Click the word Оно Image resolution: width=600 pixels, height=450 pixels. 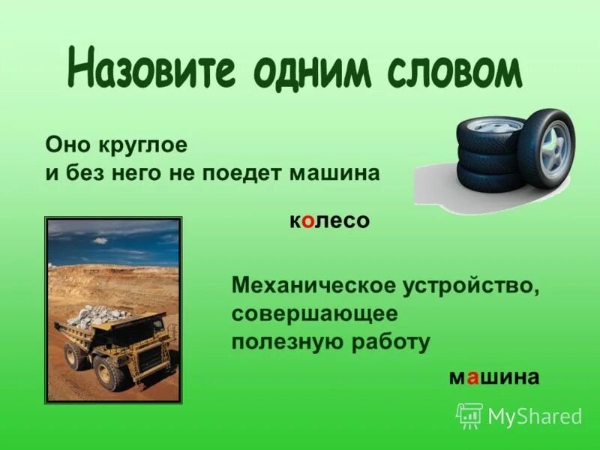point(65,142)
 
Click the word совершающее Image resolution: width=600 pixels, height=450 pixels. point(315,313)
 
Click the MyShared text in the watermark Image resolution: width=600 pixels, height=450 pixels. point(535,416)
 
